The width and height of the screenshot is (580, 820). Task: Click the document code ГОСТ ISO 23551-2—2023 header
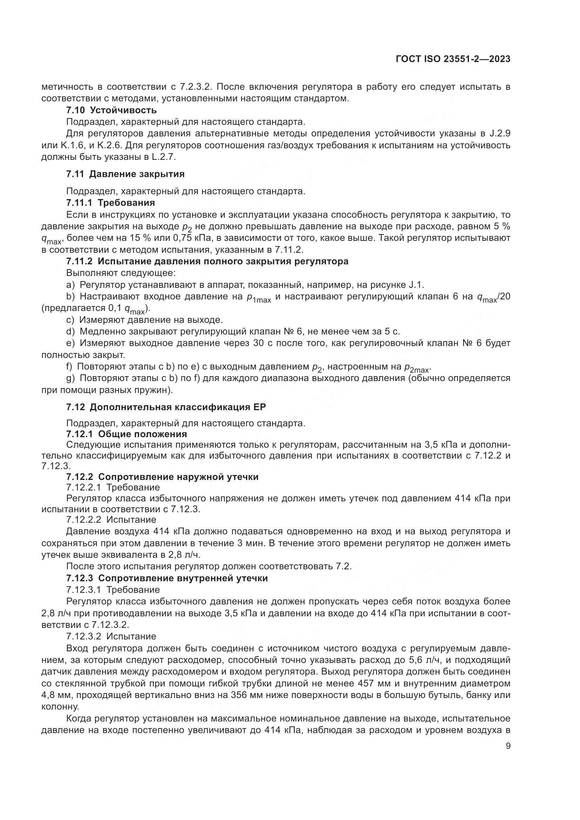(453, 59)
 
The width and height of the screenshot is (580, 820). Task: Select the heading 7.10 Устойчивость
(112, 110)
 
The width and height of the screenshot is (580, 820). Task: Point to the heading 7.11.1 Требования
(110, 203)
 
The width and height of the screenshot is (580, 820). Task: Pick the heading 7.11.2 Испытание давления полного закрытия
(207, 261)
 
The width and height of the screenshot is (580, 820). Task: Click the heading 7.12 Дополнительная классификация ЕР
(166, 407)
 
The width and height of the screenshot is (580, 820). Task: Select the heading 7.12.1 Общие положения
(127, 434)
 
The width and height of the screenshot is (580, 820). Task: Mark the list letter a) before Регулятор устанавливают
(70, 285)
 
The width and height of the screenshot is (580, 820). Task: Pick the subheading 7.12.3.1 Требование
(113, 590)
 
